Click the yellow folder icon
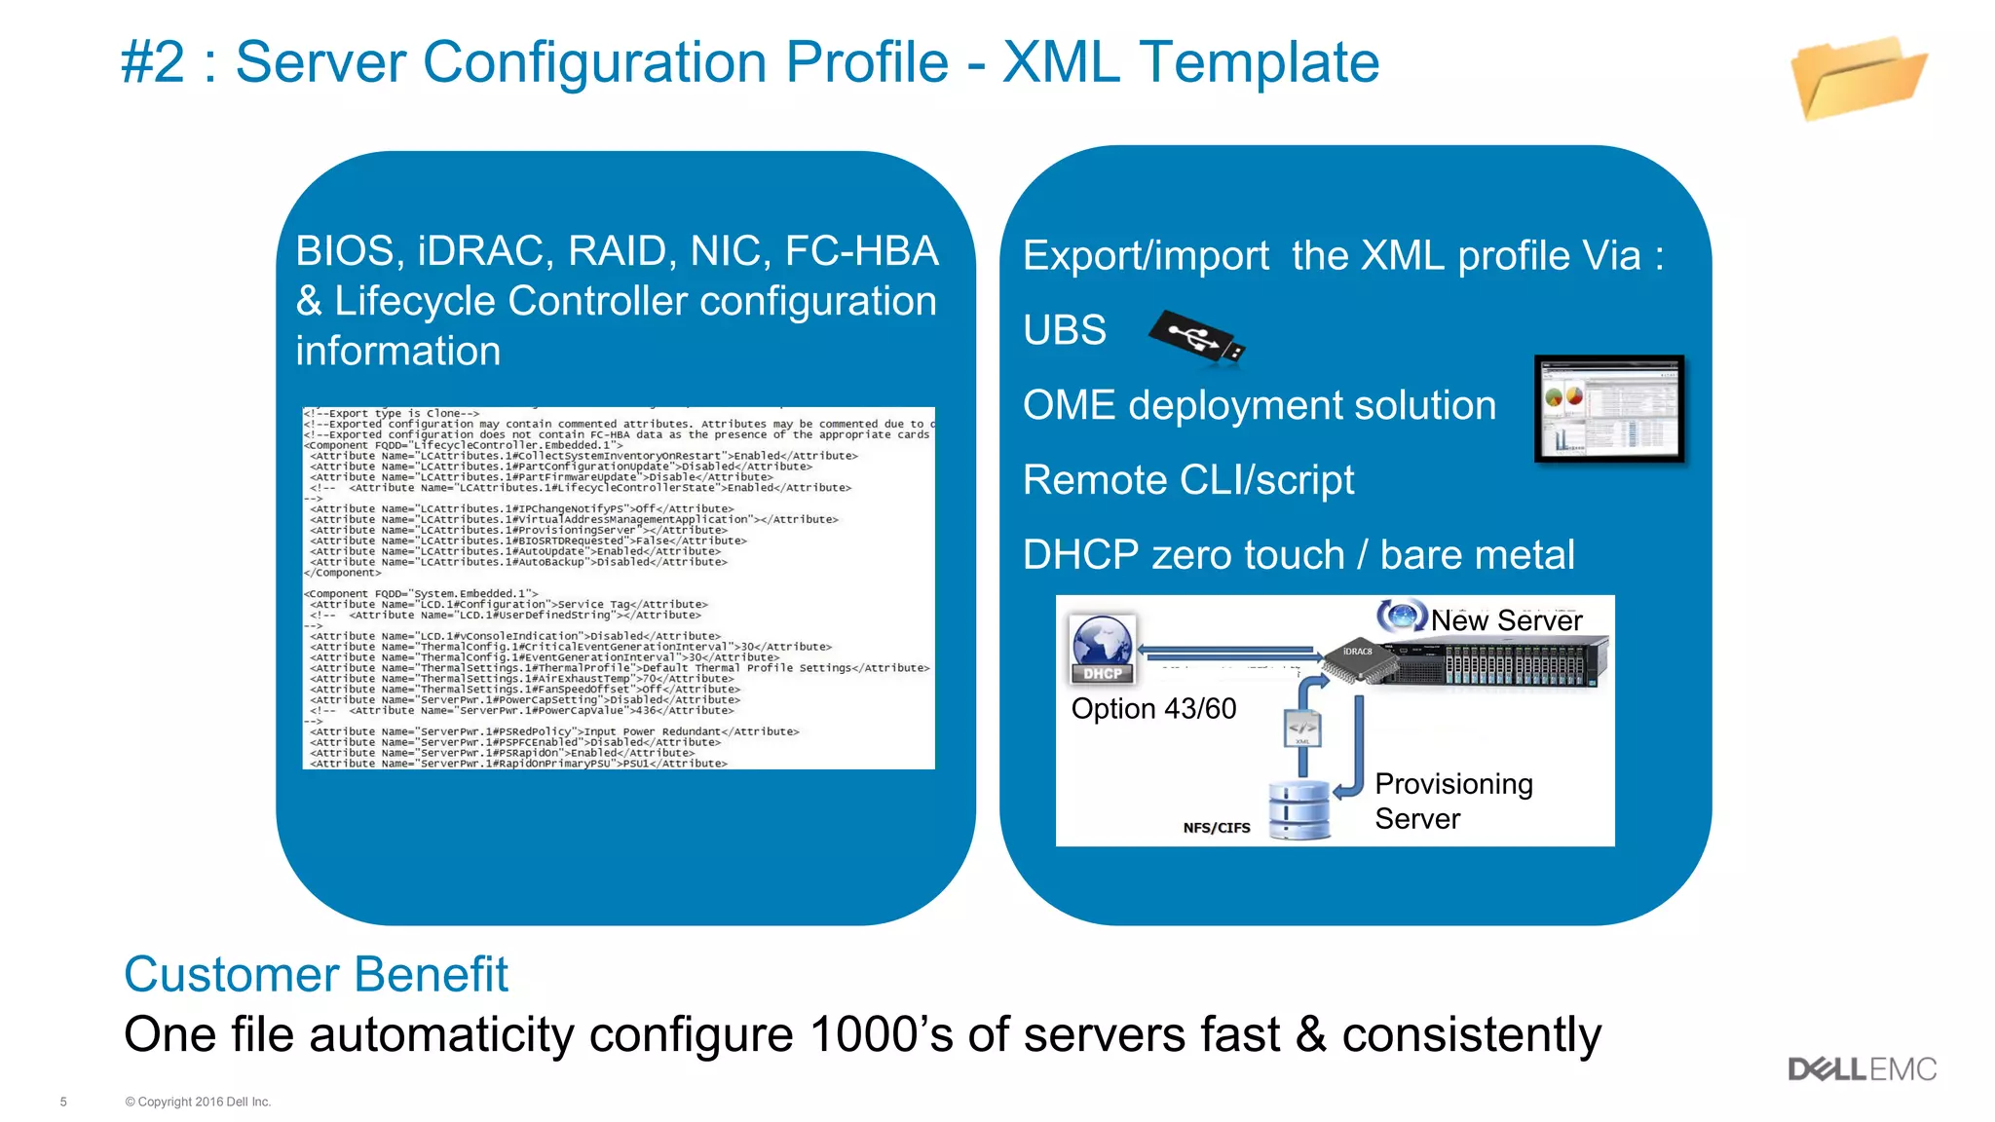pos(1858,78)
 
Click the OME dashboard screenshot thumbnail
pos(1609,408)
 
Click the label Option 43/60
pos(1153,709)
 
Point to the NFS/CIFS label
pos(1216,828)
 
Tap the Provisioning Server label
pos(1453,801)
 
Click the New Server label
pos(1506,620)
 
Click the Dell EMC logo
pos(1862,1069)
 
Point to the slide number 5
pos(63,1102)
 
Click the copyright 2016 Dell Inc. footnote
pos(198,1102)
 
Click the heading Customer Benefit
pos(316,974)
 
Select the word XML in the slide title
pos(1061,62)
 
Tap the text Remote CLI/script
pos(1187,480)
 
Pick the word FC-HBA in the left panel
pos(861,251)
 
